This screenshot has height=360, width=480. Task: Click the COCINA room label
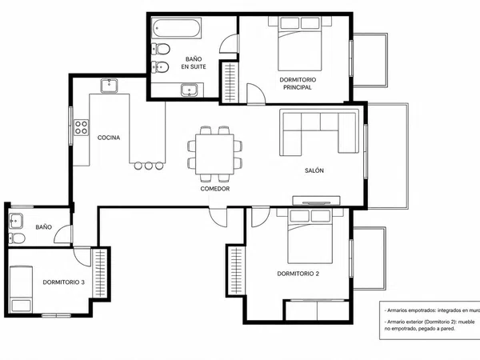point(109,138)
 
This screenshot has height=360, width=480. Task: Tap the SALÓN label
point(314,170)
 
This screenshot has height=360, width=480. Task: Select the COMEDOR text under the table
point(215,189)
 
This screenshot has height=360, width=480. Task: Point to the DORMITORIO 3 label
point(64,282)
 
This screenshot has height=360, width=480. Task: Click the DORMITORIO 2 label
point(298,274)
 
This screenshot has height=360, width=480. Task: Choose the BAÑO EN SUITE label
point(194,62)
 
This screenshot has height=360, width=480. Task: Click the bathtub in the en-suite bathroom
point(176,29)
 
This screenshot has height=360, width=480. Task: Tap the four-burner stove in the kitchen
point(81,128)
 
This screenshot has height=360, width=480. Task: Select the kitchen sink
point(109,86)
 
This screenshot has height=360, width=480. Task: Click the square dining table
point(215,154)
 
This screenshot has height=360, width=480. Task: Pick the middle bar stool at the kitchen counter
point(149,166)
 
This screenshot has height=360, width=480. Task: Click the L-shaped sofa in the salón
point(319,132)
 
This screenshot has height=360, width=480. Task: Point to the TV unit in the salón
point(316,201)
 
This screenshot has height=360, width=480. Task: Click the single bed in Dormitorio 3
point(21,289)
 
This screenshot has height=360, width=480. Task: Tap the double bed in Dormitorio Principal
point(300,43)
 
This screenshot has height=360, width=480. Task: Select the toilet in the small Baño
point(17,238)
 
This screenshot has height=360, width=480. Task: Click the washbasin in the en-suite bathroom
point(189,90)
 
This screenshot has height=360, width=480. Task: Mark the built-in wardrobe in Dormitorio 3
point(100,273)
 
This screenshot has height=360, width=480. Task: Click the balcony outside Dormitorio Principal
point(370,60)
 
